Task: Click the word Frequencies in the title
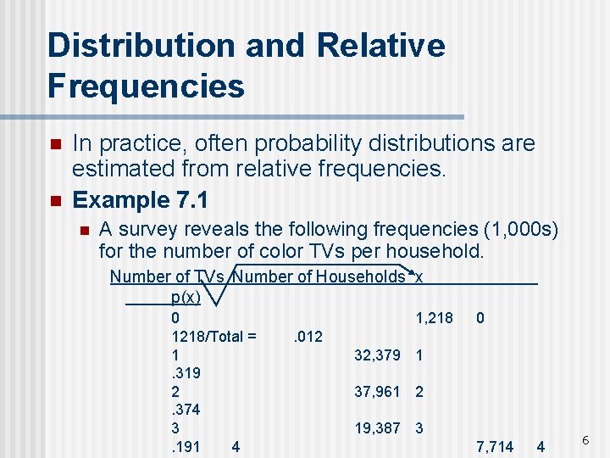[x=147, y=86]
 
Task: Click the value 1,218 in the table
[x=434, y=318]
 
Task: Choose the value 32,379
[x=377, y=355]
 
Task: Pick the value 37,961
[x=377, y=392]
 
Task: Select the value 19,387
[x=377, y=428]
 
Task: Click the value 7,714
[x=495, y=446]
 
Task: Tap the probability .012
[x=307, y=337]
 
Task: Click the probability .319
[x=186, y=373]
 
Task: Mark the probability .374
[x=186, y=410]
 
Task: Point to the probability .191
[x=186, y=446]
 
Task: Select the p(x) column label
[x=186, y=297]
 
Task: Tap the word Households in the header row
[x=367, y=276]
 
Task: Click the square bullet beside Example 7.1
[x=55, y=202]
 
